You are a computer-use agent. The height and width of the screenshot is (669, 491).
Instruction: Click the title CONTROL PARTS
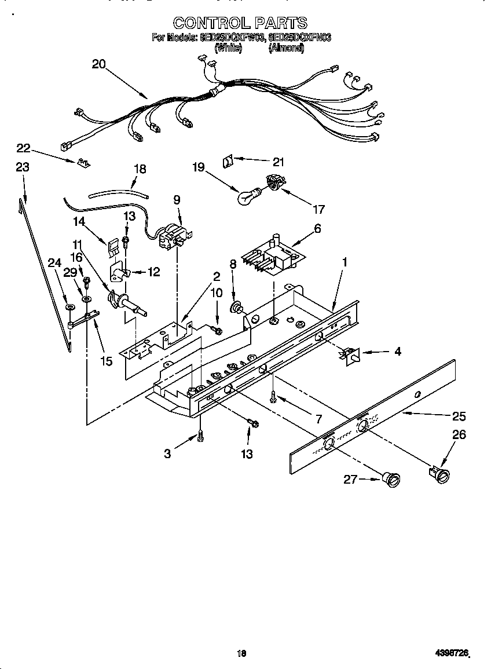pos(240,23)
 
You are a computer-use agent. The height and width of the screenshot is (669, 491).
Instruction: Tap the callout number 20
pos(99,64)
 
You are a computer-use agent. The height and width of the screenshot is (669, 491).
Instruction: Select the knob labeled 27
pos(391,479)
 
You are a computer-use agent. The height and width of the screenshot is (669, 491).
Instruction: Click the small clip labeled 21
pos(228,159)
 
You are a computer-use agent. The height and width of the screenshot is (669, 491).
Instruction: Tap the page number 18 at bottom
pos(242,653)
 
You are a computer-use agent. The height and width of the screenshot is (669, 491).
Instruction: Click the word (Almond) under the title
pos(285,49)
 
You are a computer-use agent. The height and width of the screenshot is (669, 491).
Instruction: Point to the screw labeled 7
pos(273,397)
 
